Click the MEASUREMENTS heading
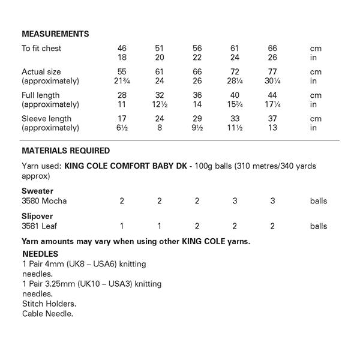[x=55, y=33]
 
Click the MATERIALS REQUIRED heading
[x=65, y=151]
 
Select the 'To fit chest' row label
[x=41, y=49]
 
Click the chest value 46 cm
[x=122, y=49]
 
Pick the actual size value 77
[x=272, y=72]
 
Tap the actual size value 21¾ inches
[x=122, y=81]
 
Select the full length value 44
[x=272, y=95]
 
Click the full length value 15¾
[x=235, y=104]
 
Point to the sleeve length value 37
[x=272, y=119]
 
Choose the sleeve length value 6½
[x=122, y=128]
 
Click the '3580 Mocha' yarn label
[x=44, y=201]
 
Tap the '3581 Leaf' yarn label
[x=40, y=226]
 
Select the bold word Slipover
[x=37, y=217]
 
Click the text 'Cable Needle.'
[x=47, y=314]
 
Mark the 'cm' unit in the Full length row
[x=316, y=95]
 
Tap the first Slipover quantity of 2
[x=197, y=226]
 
